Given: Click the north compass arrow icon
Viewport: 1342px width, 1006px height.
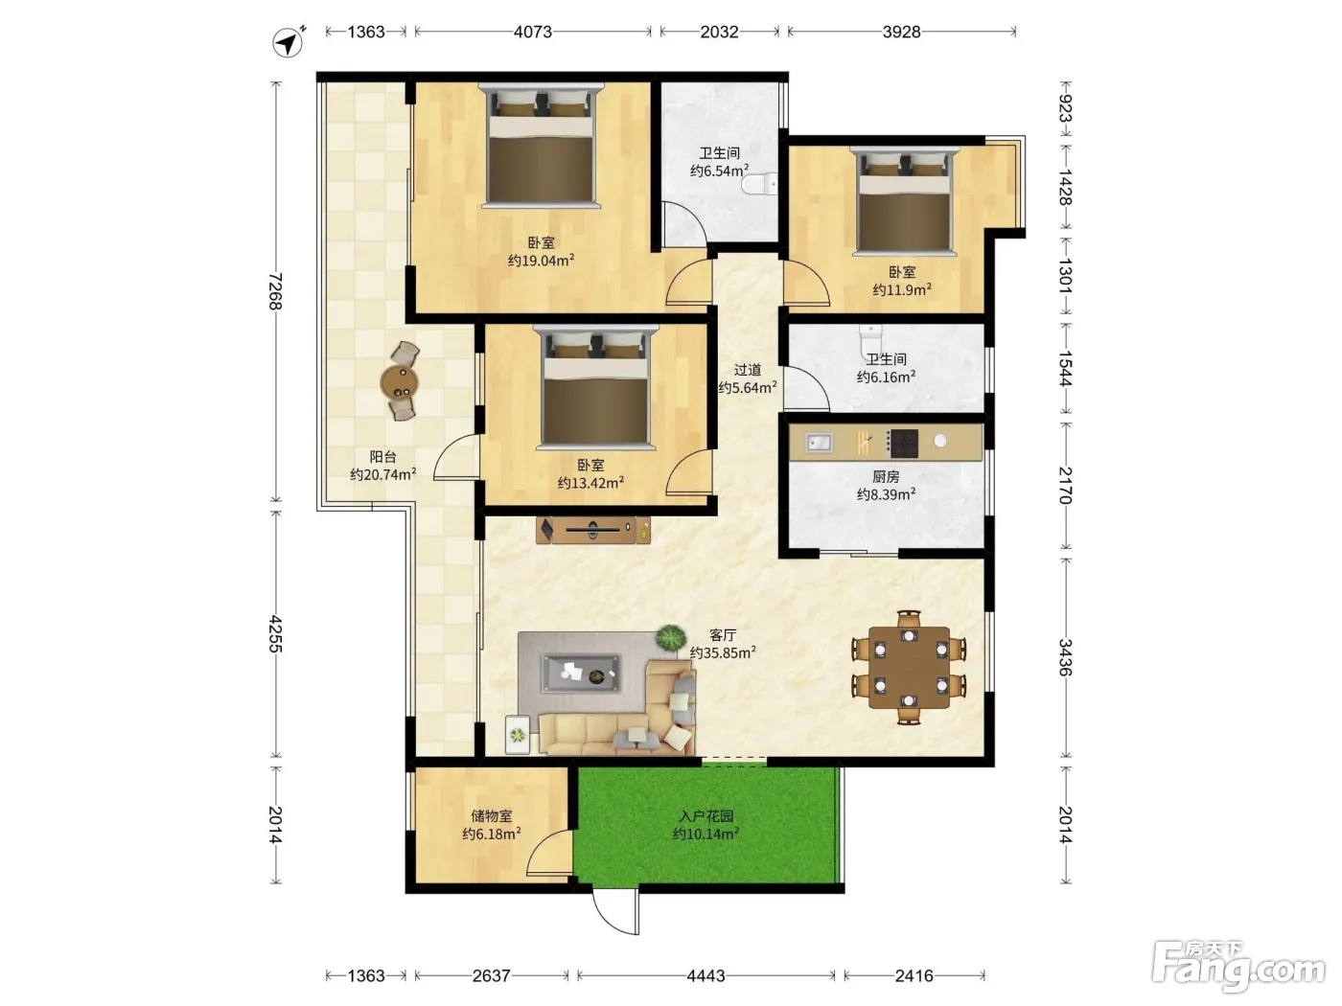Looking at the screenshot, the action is point(288,42).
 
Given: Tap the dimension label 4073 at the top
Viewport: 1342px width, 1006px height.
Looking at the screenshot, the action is point(533,32).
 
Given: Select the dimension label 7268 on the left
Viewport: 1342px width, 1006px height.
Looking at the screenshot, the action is point(276,290).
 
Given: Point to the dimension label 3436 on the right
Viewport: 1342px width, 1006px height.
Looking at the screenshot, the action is point(1065,657).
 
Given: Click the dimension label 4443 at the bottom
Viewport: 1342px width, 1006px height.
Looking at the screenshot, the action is point(706,975).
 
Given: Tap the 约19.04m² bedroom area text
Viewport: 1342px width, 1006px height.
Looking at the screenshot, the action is point(541,261).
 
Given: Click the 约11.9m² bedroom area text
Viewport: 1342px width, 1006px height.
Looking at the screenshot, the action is point(902,289).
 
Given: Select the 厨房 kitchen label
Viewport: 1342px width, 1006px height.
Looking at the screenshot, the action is point(886,476).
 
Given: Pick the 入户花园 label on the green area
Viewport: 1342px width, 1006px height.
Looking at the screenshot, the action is point(706,816).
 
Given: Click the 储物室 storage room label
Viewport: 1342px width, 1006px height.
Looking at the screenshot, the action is point(492,816).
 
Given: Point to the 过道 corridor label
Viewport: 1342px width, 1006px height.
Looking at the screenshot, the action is point(747,370).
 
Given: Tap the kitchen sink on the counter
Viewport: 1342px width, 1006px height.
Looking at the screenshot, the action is point(818,442).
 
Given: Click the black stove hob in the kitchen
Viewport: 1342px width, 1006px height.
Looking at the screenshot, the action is point(903,444).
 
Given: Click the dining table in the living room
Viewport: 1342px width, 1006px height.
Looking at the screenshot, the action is point(909,668).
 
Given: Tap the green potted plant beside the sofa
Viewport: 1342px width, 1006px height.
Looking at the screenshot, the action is point(671,638).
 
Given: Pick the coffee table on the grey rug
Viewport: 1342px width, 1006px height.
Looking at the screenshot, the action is point(581,674).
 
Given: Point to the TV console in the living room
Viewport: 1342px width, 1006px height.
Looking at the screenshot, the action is point(593,530).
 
